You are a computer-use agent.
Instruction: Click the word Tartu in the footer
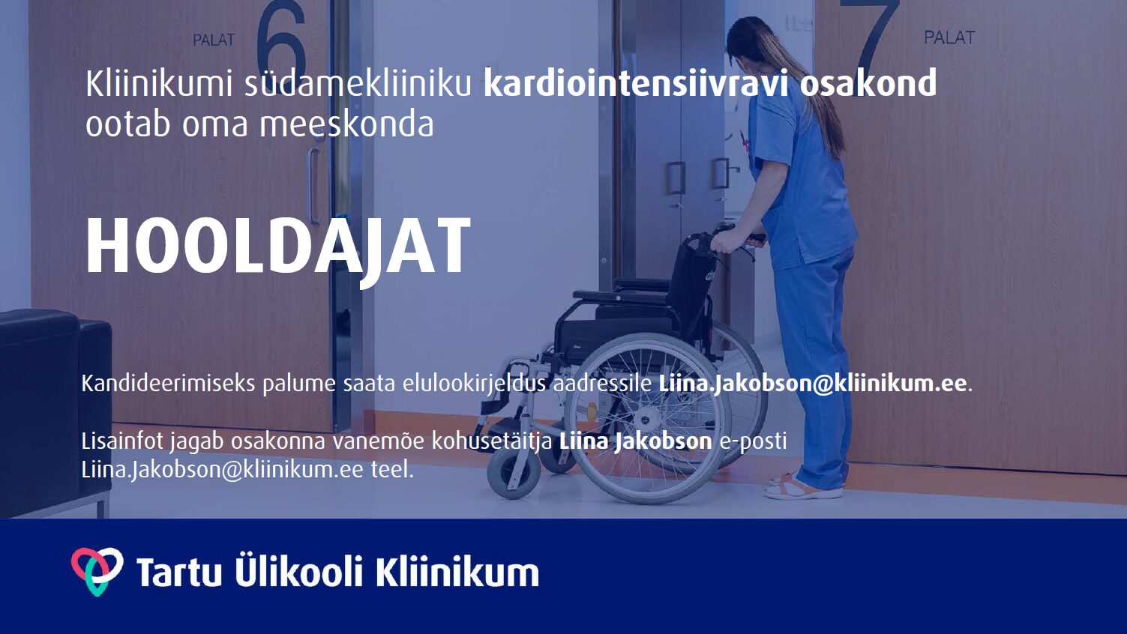pos(179,572)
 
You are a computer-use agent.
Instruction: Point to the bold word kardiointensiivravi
pos(635,83)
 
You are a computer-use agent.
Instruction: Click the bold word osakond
pos(868,83)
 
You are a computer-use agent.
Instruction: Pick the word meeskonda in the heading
pos(346,124)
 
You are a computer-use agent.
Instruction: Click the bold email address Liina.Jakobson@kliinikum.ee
pos(813,384)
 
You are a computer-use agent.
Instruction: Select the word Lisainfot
pos(122,441)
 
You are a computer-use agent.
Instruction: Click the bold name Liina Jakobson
pos(636,441)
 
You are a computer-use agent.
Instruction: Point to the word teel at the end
pos(392,470)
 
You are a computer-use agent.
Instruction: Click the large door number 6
pos(282,37)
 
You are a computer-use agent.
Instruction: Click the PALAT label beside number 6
pos(214,40)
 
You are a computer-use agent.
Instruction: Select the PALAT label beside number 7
pos(949,37)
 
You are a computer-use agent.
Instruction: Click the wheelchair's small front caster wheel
pos(513,473)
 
